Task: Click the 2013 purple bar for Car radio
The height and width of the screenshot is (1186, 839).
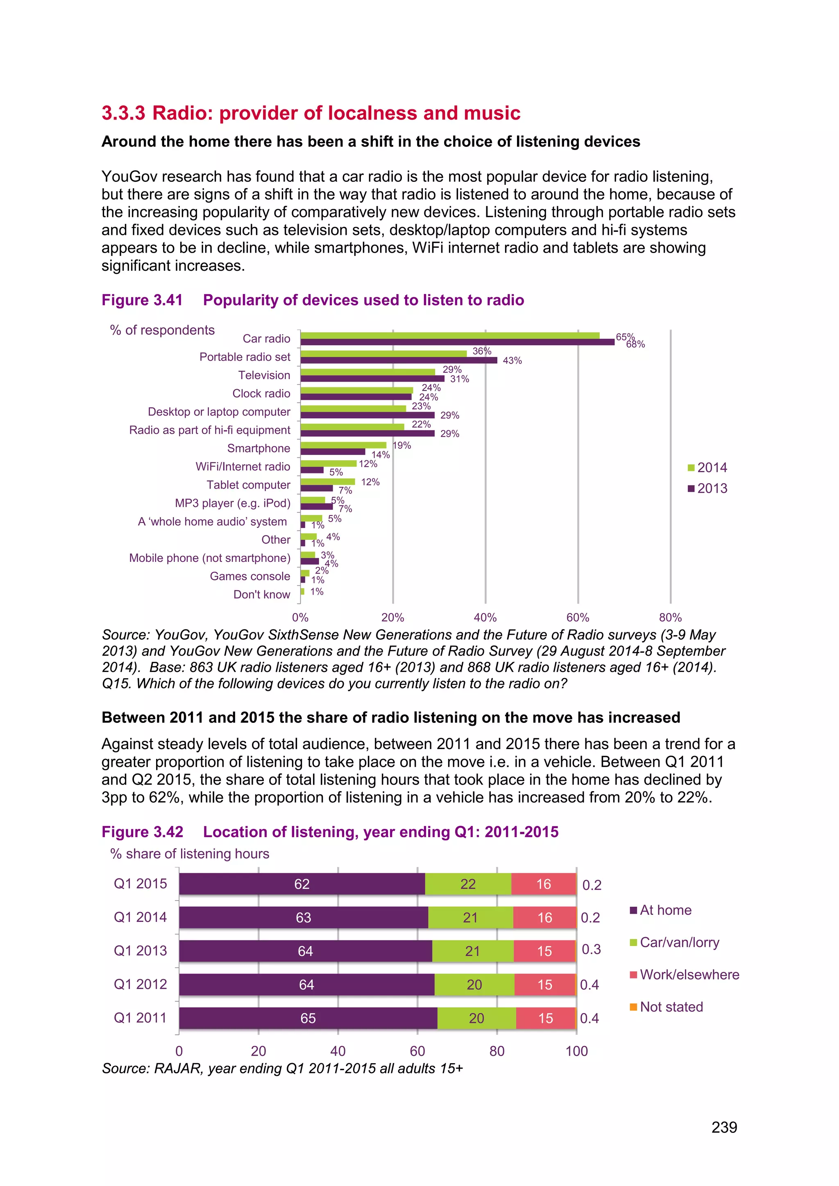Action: pyautogui.click(x=457, y=342)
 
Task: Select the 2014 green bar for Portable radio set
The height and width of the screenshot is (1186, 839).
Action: pyautogui.click(x=383, y=353)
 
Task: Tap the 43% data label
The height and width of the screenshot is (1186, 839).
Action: pyautogui.click(x=512, y=360)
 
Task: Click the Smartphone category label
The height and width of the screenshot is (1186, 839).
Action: pyautogui.click(x=259, y=448)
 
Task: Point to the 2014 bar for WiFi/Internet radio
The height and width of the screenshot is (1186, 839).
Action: pyautogui.click(x=328, y=463)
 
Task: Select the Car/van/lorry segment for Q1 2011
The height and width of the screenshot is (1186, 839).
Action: pyautogui.click(x=476, y=1018)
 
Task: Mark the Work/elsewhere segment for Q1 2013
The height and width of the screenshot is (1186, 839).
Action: pyautogui.click(x=544, y=951)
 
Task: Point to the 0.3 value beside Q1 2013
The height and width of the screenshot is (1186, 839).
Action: pyautogui.click(x=591, y=949)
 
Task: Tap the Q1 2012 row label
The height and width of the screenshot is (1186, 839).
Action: pyautogui.click(x=140, y=984)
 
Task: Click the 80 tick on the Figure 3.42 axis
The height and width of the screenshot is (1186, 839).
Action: pyautogui.click(x=497, y=1051)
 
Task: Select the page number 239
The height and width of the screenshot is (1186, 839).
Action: pyautogui.click(x=724, y=1127)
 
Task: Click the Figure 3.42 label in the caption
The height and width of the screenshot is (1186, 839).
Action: pyautogui.click(x=142, y=832)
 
